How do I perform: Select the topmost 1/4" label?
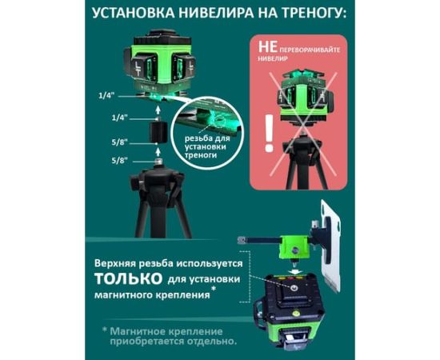click(107, 96)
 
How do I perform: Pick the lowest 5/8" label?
click(119, 161)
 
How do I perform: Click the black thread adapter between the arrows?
click(158, 133)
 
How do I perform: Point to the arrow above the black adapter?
click(158, 110)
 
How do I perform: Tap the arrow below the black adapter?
click(158, 152)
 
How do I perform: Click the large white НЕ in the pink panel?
click(268, 47)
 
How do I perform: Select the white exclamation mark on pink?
click(269, 134)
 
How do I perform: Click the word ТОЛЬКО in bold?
click(129, 278)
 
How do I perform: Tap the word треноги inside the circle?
click(201, 155)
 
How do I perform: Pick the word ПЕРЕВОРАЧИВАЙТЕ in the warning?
click(310, 50)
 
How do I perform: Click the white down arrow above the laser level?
click(294, 271)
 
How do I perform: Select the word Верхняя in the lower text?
click(115, 264)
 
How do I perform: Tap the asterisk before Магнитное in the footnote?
click(105, 330)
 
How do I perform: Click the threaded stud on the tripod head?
click(158, 162)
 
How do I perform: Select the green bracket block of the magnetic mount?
click(294, 247)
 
